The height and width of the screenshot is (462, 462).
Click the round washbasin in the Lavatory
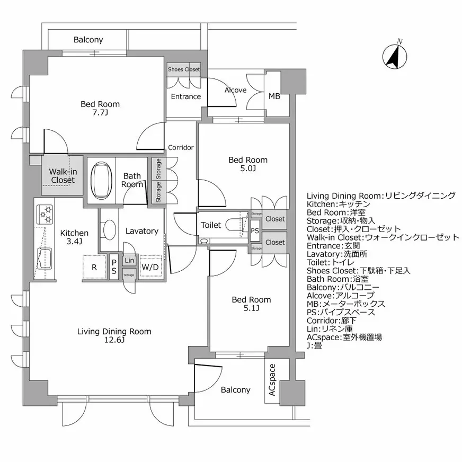click(109, 230)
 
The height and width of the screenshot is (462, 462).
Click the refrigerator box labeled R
click(94, 267)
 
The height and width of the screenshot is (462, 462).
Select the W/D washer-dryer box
click(150, 267)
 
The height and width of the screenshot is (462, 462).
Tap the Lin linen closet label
click(129, 260)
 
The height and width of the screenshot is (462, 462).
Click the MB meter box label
click(274, 96)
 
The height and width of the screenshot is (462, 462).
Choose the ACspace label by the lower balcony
click(271, 380)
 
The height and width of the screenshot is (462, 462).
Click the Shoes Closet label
click(184, 69)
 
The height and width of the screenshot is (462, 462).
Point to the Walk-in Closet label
click(63, 175)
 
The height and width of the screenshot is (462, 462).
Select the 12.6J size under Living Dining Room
click(114, 340)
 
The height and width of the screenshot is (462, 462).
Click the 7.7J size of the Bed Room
click(100, 113)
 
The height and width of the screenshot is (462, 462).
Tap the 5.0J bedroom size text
click(248, 168)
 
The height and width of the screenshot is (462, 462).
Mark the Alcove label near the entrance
click(235, 90)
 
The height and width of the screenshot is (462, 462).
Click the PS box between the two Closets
click(255, 230)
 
